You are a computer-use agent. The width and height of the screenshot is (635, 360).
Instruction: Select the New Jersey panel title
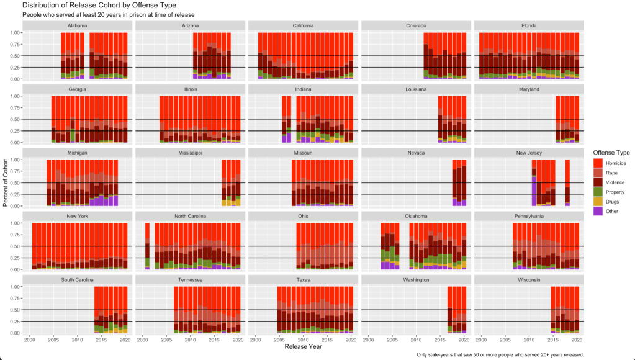point(529,153)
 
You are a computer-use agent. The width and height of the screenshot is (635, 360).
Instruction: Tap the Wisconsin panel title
point(529,280)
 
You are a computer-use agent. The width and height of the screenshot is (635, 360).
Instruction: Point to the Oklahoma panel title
point(416,216)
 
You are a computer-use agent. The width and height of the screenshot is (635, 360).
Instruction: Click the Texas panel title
point(303,280)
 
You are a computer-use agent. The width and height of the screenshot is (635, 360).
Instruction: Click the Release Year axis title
point(303,346)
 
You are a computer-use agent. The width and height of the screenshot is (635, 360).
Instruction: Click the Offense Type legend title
point(611,153)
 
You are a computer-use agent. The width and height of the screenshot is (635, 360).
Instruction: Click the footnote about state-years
point(500,354)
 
